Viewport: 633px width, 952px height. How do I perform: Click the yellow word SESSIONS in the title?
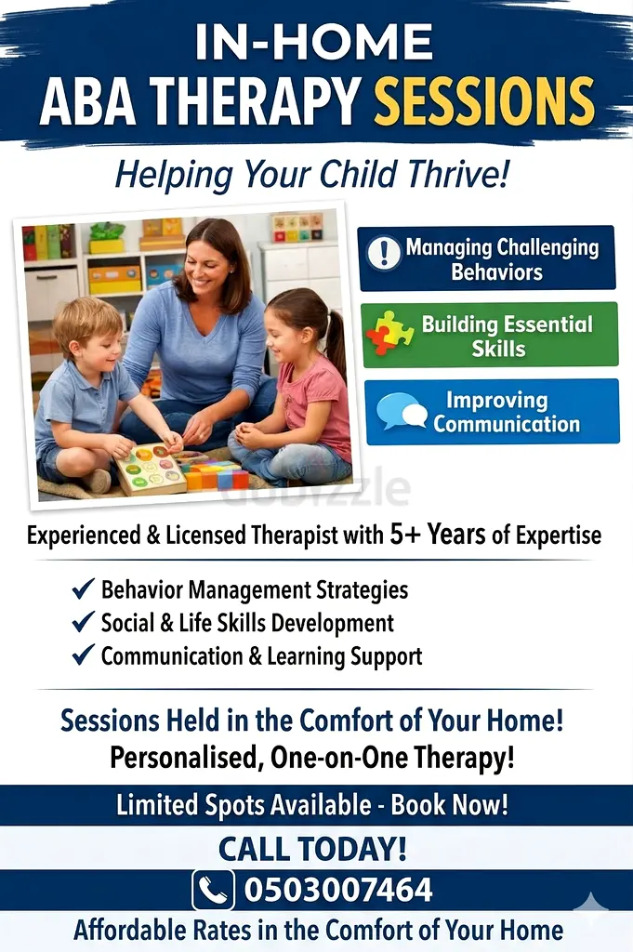tap(483, 100)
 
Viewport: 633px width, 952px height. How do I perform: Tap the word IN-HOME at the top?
tap(314, 42)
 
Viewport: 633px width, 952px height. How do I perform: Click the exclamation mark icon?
tap(384, 253)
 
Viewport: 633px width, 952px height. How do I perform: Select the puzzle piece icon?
tap(389, 333)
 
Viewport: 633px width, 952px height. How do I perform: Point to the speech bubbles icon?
tap(402, 411)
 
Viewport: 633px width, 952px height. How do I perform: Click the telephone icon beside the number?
tap(213, 890)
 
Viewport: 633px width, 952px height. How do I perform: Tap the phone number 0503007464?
tap(338, 890)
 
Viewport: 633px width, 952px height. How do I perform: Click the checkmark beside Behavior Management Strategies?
tap(83, 588)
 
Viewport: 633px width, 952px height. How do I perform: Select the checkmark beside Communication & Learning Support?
tap(83, 654)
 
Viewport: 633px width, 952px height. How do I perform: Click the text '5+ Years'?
tap(438, 535)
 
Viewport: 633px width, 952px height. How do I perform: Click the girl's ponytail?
tap(335, 340)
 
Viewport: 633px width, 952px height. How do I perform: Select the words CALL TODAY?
tap(312, 849)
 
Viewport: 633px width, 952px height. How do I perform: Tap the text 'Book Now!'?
tap(449, 805)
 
